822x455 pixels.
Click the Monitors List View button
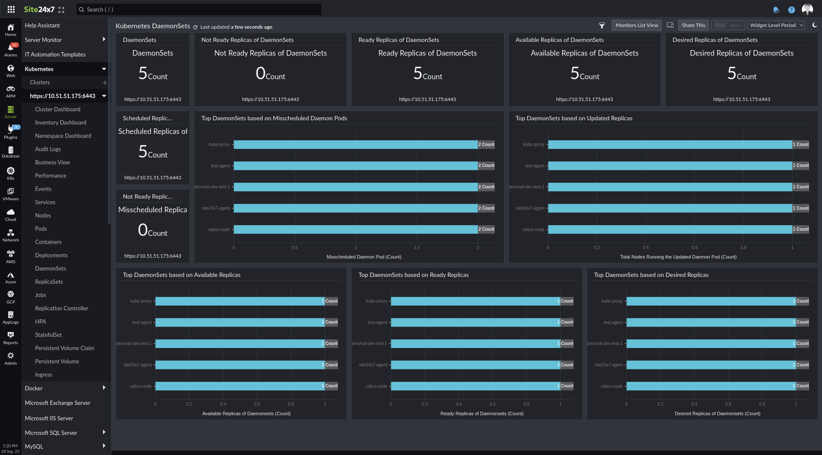tap(637, 25)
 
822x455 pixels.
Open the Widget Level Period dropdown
tap(776, 25)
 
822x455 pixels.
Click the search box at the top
tap(199, 9)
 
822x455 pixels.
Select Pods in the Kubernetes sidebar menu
tap(41, 229)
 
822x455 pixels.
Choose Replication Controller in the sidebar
tap(62, 308)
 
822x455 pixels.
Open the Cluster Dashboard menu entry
tap(58, 109)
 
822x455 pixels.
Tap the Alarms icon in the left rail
tap(11, 50)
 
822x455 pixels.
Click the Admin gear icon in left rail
tap(11, 358)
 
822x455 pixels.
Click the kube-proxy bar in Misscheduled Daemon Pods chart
tap(356, 145)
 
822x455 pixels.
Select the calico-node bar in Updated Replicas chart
tap(670, 229)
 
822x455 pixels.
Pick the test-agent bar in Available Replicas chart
tap(240, 322)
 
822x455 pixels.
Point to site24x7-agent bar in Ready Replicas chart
tap(475, 365)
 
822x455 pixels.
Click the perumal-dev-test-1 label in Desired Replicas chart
tap(605, 343)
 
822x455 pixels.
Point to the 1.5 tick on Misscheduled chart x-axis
tap(417, 247)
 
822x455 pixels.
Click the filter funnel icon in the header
tap(602, 26)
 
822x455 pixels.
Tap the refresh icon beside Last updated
tap(195, 27)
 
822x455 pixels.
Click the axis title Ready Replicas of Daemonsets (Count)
tap(482, 413)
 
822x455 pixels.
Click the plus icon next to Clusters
tap(105, 83)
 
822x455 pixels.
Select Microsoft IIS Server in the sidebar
tap(49, 418)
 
